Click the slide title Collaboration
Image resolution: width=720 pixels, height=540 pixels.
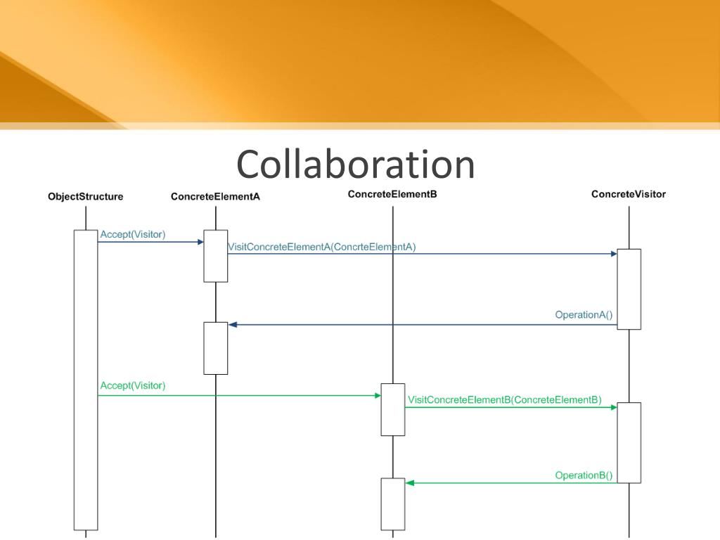(x=355, y=165)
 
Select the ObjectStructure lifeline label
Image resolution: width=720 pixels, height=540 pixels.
(x=85, y=197)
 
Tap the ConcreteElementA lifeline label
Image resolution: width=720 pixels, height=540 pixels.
(x=215, y=197)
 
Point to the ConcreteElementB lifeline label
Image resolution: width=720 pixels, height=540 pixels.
(x=392, y=194)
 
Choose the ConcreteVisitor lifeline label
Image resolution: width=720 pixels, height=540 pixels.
(x=629, y=194)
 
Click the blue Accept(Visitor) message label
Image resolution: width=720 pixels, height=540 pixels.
(x=133, y=234)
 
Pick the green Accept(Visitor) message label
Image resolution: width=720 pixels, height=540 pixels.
(x=133, y=385)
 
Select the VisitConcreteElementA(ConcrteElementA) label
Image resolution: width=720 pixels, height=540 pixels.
(x=322, y=247)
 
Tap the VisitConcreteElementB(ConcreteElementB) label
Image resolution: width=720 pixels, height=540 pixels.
(x=504, y=400)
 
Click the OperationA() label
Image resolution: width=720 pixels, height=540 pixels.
(x=584, y=315)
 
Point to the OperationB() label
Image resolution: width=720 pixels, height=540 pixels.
(x=584, y=475)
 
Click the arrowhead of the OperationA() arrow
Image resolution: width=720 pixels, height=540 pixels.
(x=233, y=325)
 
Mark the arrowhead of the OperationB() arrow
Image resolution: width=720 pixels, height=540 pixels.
(x=410, y=483)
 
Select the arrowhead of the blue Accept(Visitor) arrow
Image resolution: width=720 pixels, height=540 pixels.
(x=200, y=242)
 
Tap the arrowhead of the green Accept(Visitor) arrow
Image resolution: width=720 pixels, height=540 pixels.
(x=378, y=396)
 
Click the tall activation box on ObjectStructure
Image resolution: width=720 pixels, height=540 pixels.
(x=86, y=380)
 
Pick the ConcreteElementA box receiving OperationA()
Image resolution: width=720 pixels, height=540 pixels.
(x=216, y=348)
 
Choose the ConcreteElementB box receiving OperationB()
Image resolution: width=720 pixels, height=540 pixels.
(x=393, y=504)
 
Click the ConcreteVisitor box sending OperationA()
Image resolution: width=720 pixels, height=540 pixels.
(x=629, y=289)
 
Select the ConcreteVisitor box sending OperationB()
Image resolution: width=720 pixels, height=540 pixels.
(x=629, y=442)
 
